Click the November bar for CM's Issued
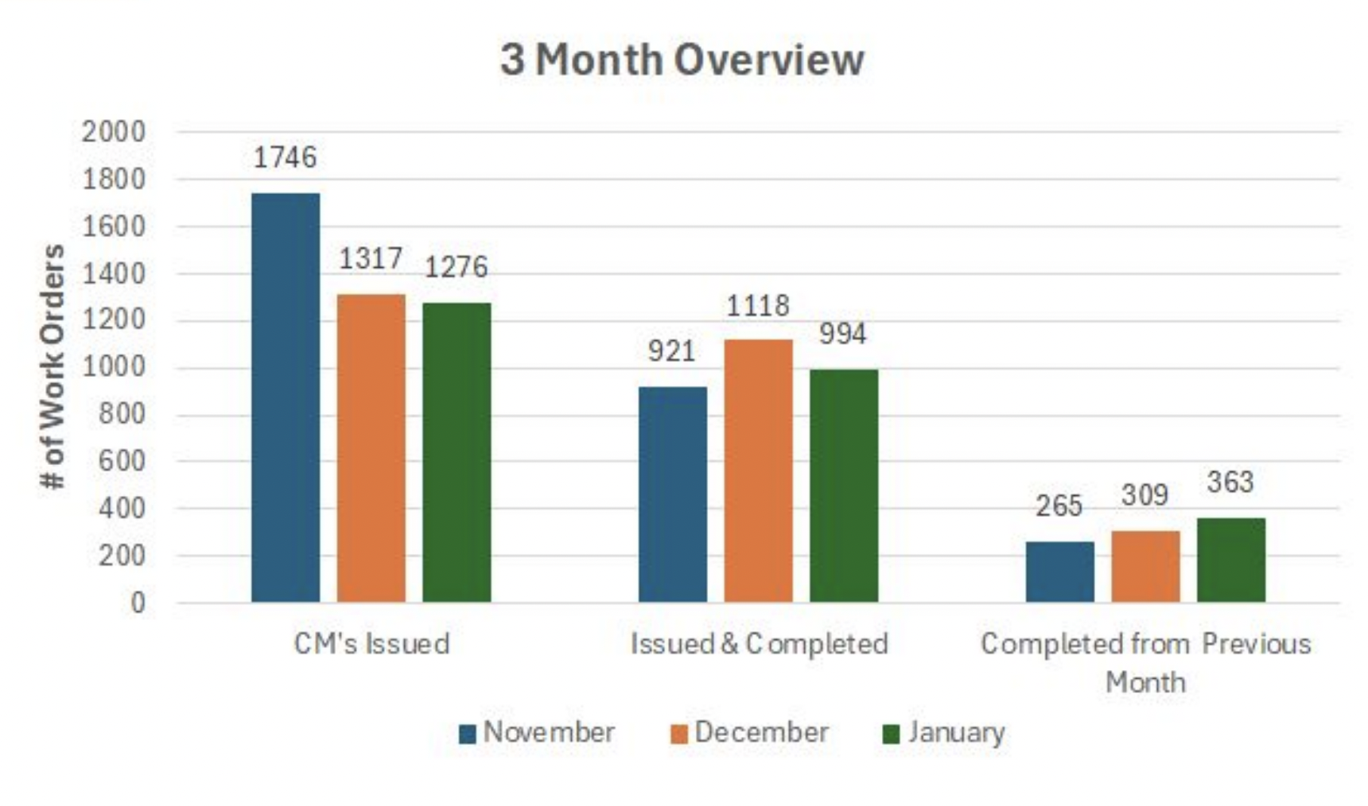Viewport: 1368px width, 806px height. coord(286,397)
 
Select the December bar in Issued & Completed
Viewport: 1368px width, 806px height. coord(758,471)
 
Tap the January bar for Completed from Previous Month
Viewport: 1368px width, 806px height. coord(1230,560)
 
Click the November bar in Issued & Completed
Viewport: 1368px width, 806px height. coord(672,494)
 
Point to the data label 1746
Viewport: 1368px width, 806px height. coord(285,157)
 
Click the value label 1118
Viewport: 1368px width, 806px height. coord(757,306)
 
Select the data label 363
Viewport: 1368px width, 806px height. coord(1230,482)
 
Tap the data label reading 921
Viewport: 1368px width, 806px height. coord(671,351)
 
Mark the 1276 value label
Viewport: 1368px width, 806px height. coord(456,267)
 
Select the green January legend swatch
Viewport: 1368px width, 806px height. coord(891,734)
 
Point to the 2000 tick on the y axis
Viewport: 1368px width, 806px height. coord(114,131)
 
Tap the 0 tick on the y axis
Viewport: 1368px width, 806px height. coord(138,603)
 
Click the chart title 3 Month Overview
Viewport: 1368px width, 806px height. coord(682,60)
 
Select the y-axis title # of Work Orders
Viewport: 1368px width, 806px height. coord(52,366)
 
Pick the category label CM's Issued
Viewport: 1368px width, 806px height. coord(371,643)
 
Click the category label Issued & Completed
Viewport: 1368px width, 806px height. coord(759,643)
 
